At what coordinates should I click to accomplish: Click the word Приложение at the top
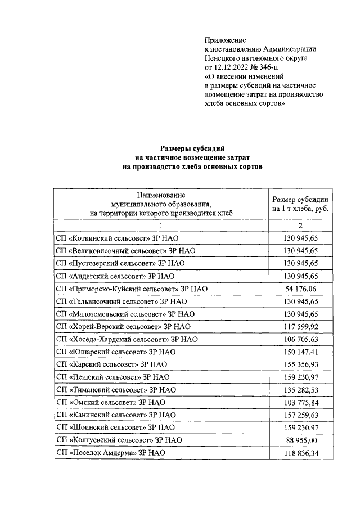click(225, 40)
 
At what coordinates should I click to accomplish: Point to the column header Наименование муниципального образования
click(161, 203)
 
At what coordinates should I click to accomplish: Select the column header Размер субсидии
click(300, 204)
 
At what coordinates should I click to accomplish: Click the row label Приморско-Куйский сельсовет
click(132, 289)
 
